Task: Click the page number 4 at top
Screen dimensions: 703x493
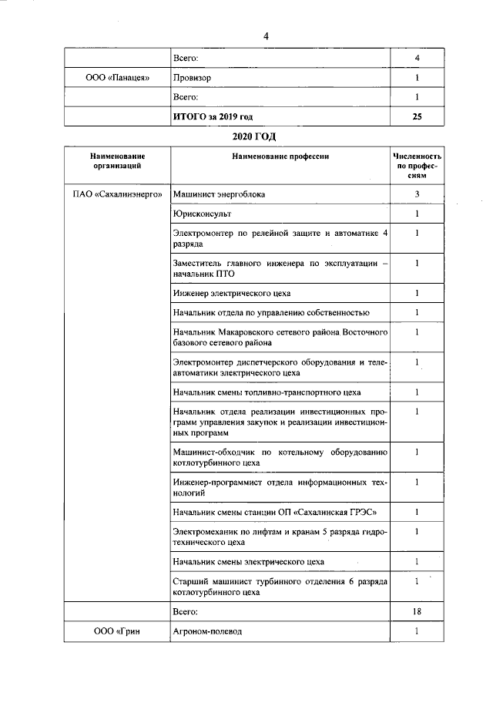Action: coord(266,36)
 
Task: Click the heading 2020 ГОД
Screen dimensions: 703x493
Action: coord(254,136)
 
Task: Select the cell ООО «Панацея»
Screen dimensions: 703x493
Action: coord(116,78)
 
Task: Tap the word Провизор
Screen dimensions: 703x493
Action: coord(193,78)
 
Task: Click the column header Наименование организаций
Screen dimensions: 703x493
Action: coord(117,161)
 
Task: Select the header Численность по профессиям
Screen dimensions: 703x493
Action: coord(417,166)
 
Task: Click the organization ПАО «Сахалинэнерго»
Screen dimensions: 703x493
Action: coord(117,194)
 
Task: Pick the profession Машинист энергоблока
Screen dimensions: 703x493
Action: coord(220,194)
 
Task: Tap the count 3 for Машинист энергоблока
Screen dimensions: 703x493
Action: coord(417,194)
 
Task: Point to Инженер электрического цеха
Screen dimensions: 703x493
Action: coord(232,294)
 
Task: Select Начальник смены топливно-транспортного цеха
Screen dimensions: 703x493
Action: coord(267,392)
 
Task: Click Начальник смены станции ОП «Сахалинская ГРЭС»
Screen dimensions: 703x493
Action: coord(276,512)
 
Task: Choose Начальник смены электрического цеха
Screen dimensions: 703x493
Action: coord(249,561)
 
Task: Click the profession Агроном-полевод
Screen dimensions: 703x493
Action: coord(208,631)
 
